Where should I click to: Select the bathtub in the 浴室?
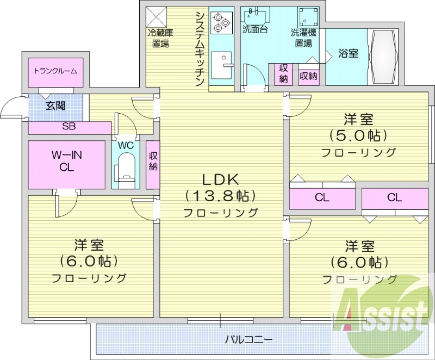pyautogui.click(x=386, y=57)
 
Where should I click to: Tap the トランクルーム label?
pyautogui.click(x=55, y=71)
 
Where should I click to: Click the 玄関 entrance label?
pyautogui.click(x=55, y=105)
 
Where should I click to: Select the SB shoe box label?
pyautogui.click(x=69, y=128)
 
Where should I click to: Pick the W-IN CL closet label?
pyautogui.click(x=66, y=162)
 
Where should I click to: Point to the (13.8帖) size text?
pyautogui.click(x=221, y=195)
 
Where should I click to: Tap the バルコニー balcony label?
pyautogui.click(x=248, y=339)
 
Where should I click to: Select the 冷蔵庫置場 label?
pyautogui.click(x=160, y=38)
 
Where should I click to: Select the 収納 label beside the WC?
pyautogui.click(x=153, y=162)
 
